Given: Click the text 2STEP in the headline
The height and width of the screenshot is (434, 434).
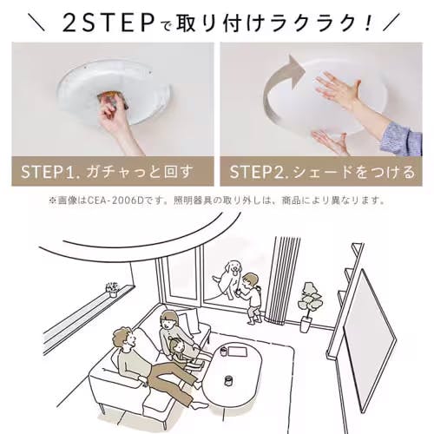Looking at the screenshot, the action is (108, 23).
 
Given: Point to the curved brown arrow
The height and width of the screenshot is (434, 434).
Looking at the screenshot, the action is (278, 87).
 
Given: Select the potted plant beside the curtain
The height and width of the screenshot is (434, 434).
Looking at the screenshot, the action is (309, 306).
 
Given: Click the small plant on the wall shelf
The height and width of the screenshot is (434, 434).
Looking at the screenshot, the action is (113, 289).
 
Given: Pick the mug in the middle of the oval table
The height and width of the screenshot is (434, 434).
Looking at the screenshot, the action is (229, 381).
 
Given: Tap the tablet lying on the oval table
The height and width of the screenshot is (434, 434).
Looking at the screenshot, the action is (238, 351).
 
